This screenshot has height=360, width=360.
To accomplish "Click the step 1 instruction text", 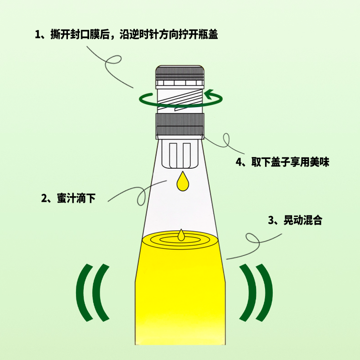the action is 126,35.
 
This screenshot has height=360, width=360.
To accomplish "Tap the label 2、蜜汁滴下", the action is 68,198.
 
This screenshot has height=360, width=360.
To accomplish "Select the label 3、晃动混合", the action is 295,220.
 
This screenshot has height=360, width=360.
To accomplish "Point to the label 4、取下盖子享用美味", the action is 283,162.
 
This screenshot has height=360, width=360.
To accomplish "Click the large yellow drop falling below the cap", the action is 183,181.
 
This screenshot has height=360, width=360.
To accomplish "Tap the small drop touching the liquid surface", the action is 181,235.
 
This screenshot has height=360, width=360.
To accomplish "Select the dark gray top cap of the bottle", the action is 180,72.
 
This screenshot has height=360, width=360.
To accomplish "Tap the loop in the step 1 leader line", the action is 113,60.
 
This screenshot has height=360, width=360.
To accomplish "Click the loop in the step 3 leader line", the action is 252,240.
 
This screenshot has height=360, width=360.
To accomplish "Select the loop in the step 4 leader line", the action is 226,140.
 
